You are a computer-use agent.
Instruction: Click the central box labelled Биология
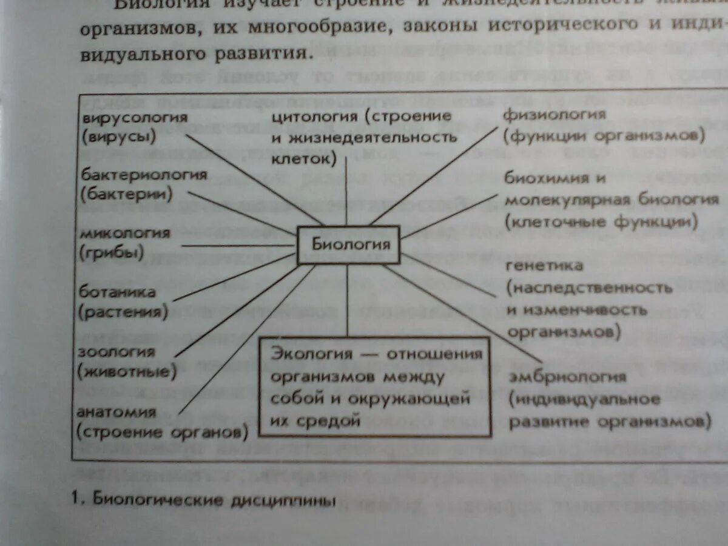point(348,244)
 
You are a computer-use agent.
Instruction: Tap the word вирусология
point(133,116)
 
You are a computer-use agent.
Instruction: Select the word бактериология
point(143,175)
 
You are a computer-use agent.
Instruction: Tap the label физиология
point(554,115)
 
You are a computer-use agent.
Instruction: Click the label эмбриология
point(567,377)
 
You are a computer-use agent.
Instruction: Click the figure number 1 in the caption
point(75,500)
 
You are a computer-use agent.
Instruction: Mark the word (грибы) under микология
point(112,252)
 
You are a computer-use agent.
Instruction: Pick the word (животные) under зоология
point(127,371)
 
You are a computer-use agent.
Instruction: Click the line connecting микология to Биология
point(237,246)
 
